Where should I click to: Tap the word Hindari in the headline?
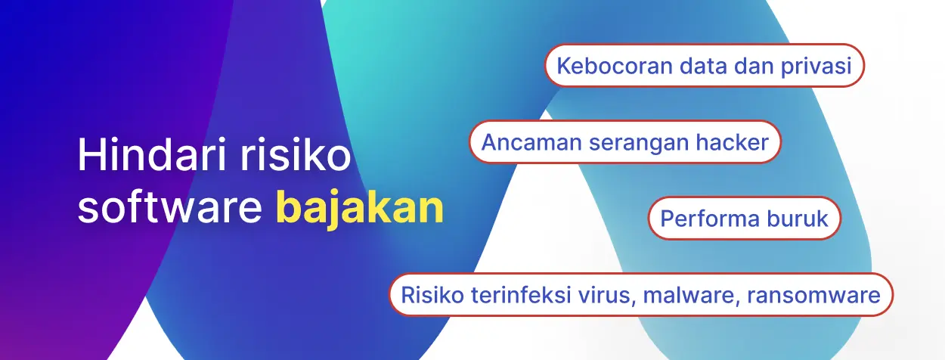(x=153, y=154)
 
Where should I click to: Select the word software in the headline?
(x=170, y=206)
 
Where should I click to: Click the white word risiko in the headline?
(x=296, y=154)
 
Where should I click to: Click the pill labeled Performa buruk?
(x=745, y=219)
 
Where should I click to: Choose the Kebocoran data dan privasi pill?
(x=704, y=65)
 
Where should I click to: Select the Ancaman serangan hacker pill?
(x=625, y=141)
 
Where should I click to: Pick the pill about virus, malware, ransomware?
(x=641, y=295)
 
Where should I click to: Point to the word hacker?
(x=732, y=142)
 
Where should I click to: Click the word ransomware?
(x=813, y=295)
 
